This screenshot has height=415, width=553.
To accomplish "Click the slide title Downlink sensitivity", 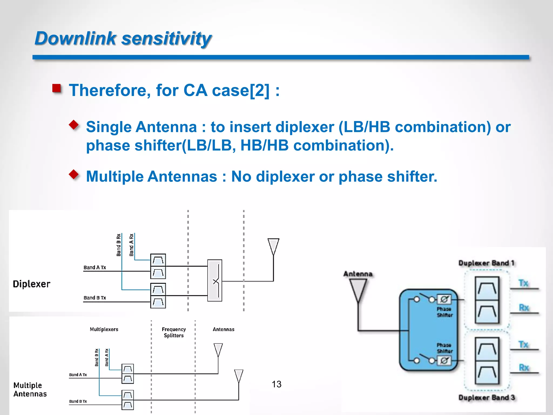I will tap(123, 38).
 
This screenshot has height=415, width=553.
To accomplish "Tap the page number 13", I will tap(276, 384).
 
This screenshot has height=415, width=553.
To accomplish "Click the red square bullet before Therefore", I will tap(57, 88).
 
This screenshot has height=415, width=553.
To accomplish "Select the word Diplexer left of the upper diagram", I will tap(32, 284).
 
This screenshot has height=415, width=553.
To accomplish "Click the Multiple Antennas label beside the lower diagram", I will tap(30, 389).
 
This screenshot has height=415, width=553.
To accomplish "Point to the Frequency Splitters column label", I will tap(174, 332).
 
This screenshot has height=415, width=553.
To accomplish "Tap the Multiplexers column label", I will tap(104, 329).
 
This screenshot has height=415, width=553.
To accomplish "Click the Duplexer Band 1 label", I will tap(486, 263).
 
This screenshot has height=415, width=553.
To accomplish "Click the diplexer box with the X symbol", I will tap(215, 280).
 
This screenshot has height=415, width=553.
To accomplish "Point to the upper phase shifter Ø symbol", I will tap(444, 299).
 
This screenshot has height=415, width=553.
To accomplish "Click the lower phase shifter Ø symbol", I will tap(444, 360).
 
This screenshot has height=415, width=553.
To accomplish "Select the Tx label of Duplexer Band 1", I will tap(523, 283).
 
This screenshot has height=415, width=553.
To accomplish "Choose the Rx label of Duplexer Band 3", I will tap(524, 367).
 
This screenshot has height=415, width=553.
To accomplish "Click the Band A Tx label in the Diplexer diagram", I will tap(95, 267).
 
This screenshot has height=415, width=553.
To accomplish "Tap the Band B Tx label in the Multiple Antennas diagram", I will tap(78, 401).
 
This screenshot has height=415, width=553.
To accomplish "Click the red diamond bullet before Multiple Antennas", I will tap(74, 174).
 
